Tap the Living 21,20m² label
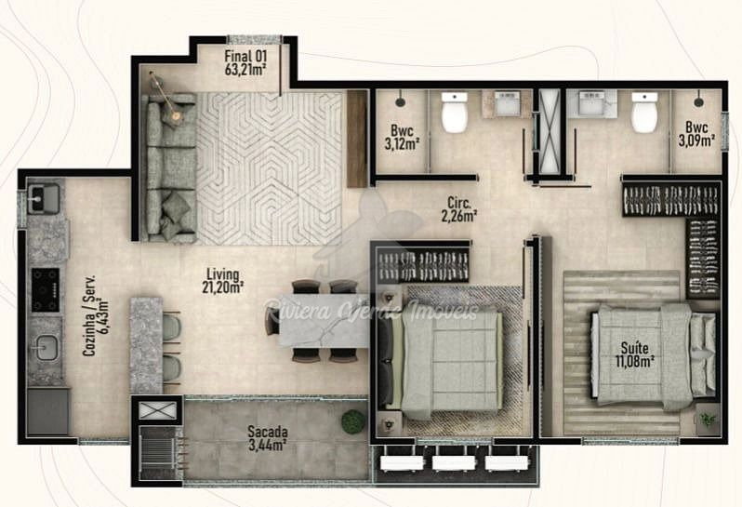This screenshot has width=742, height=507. [x=222, y=281]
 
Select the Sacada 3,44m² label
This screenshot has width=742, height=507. [x=268, y=438]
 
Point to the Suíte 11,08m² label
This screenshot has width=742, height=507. [x=634, y=354]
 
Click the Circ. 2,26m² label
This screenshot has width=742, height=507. [x=458, y=209]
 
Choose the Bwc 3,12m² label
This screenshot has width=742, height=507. [x=402, y=137]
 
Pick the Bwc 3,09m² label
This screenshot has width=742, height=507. [x=696, y=134]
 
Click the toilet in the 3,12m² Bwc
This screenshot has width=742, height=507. [x=455, y=112]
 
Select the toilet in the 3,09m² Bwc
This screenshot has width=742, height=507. [x=644, y=113]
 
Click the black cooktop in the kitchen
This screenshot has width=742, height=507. [x=46, y=289]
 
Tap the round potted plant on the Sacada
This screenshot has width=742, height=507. [x=353, y=421]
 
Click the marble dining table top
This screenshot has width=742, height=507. [x=324, y=321]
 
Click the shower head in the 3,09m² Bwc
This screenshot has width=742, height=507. [x=699, y=101]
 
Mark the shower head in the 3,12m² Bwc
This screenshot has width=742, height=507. [x=401, y=101]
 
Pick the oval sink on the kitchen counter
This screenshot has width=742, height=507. [x=46, y=348]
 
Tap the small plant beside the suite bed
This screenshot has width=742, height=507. [x=708, y=419]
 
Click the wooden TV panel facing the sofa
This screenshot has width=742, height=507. [x=357, y=139]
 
